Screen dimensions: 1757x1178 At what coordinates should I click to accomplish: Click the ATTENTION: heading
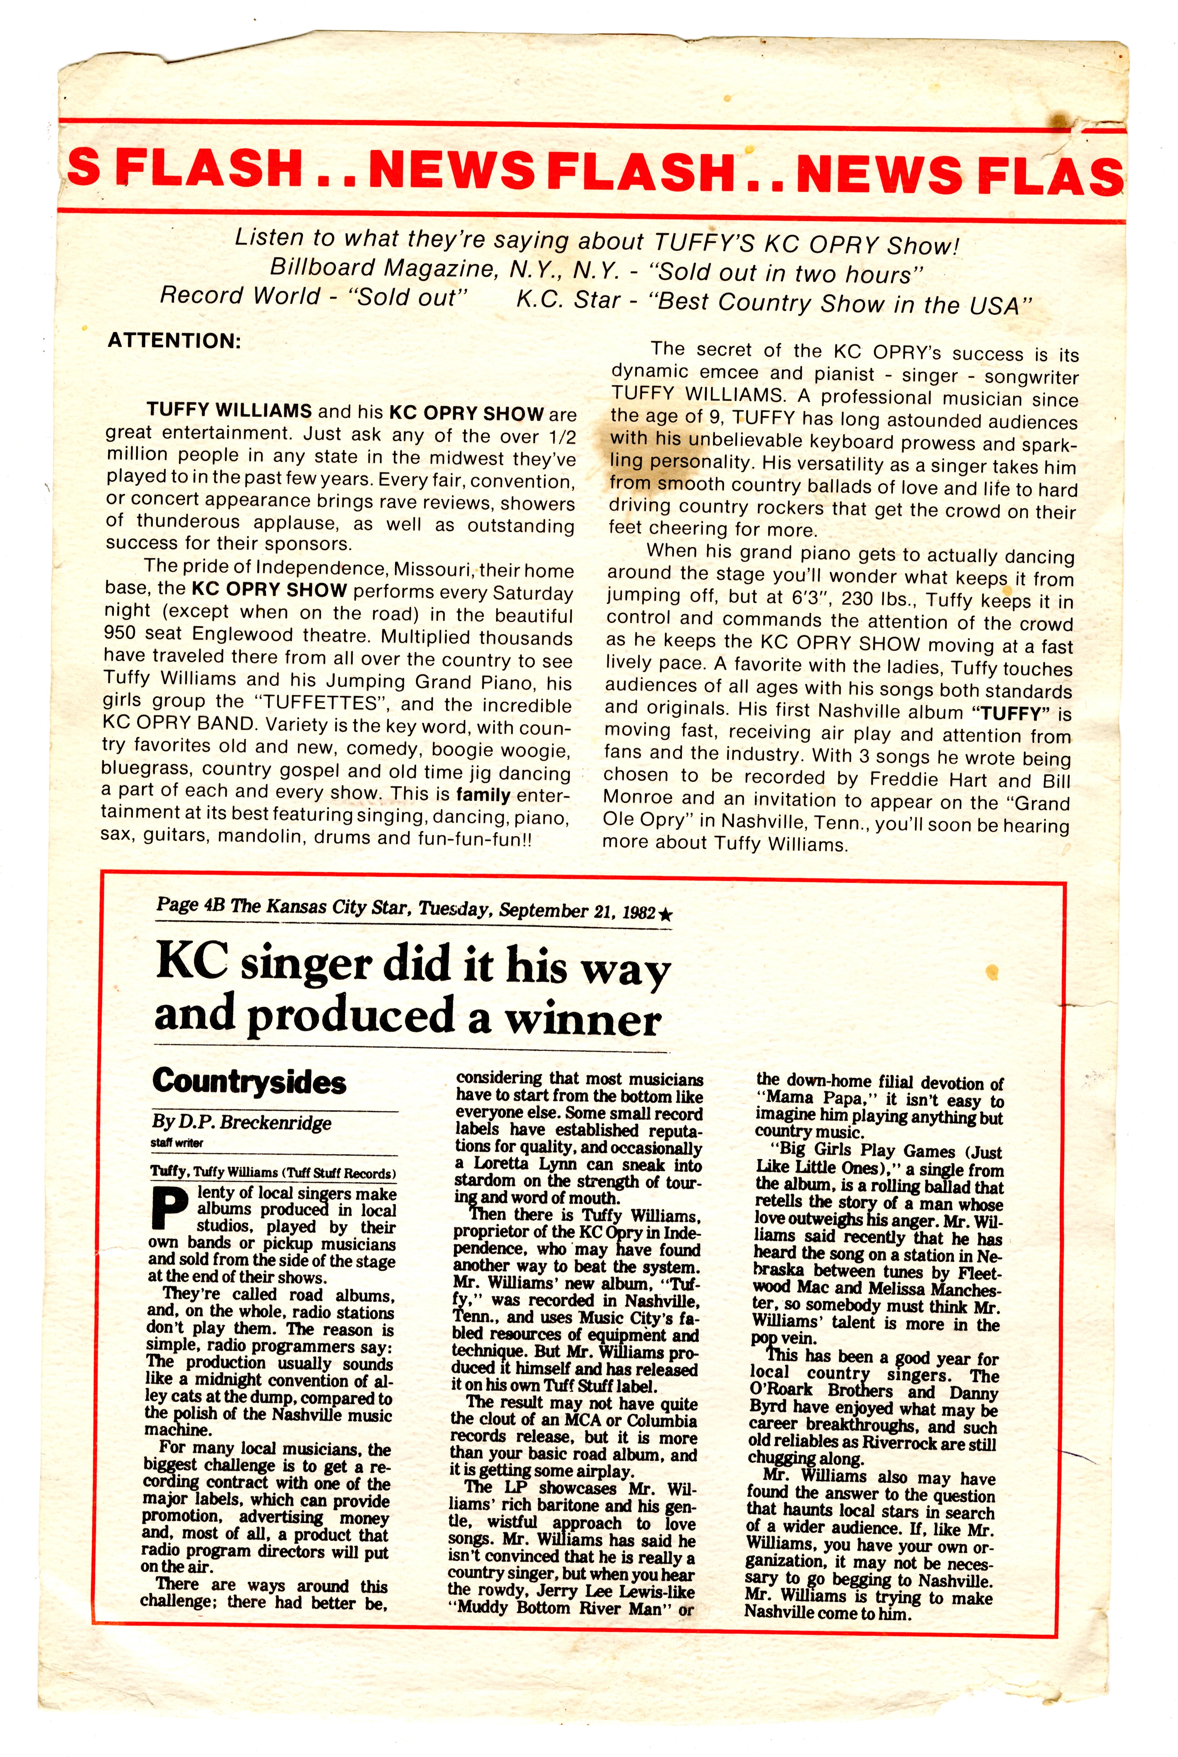(x=174, y=340)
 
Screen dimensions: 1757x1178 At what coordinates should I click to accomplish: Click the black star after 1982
(x=665, y=915)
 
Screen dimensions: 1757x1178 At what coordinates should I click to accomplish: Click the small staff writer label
(x=176, y=1143)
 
